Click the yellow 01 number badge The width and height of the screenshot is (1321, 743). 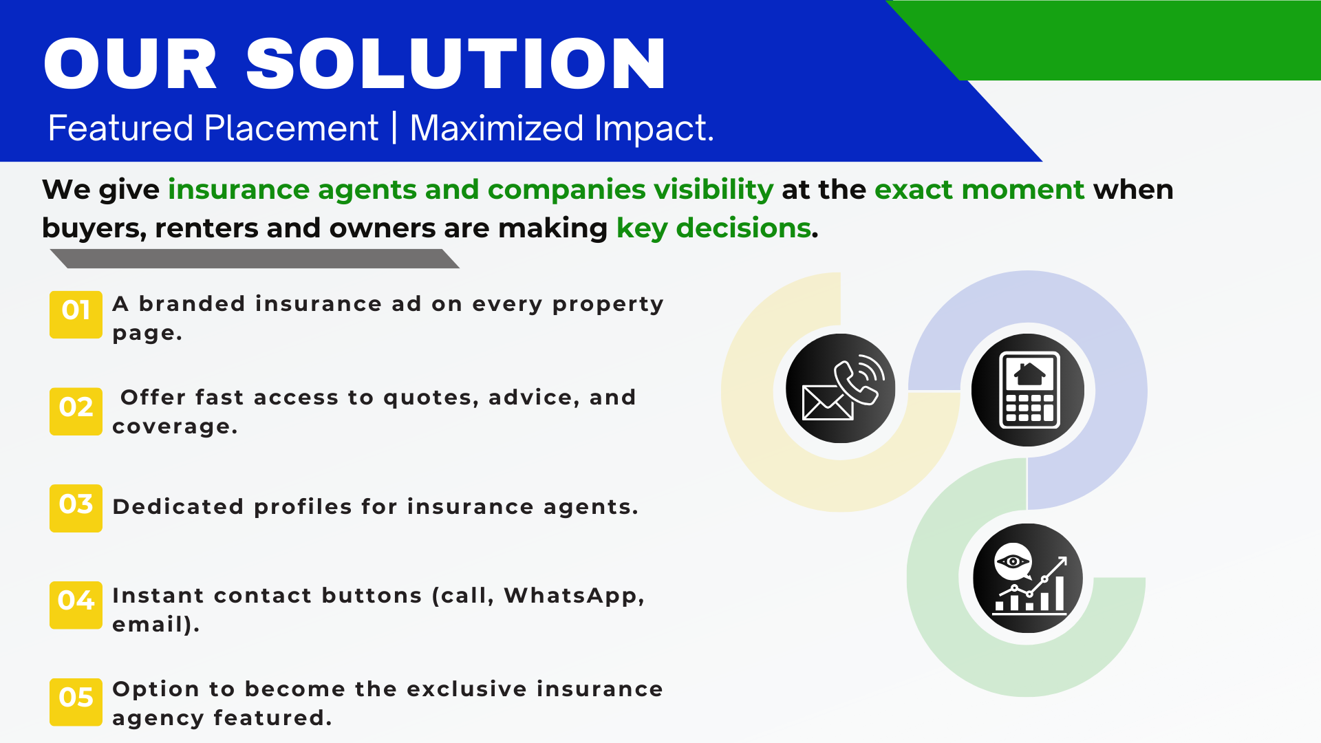click(76, 314)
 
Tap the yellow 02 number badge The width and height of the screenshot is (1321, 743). click(76, 411)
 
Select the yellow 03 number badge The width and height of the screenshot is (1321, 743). click(76, 508)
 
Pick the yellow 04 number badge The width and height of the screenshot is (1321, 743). click(76, 605)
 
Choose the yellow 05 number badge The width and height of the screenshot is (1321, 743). click(76, 702)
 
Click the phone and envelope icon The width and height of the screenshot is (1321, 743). click(841, 389)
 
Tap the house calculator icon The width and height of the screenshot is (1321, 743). click(1028, 390)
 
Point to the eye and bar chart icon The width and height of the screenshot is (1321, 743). click(1028, 578)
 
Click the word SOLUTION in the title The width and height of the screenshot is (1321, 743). click(456, 63)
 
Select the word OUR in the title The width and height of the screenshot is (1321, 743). click(131, 63)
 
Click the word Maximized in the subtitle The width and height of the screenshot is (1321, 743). click(497, 128)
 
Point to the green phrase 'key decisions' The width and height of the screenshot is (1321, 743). click(713, 228)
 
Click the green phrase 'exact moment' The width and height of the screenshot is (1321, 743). click(980, 190)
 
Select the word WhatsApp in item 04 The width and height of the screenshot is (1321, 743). click(574, 596)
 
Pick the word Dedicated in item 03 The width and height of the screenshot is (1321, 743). click(178, 507)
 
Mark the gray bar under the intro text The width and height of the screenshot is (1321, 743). click(255, 259)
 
